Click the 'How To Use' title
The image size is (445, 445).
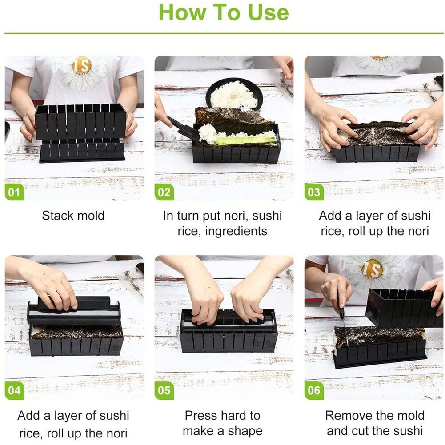tap(223, 12)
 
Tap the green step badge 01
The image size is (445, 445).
tap(14, 192)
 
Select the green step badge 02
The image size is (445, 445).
tap(164, 192)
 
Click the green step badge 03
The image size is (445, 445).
tap(314, 192)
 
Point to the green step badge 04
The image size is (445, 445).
tap(14, 390)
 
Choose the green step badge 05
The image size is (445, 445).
tap(164, 390)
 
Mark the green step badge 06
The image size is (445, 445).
tap(314, 390)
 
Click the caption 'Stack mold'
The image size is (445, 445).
tap(73, 216)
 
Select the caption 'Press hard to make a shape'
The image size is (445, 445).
tap(222, 423)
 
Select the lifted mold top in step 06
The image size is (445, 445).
tap(402, 307)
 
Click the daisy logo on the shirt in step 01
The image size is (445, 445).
tap(81, 71)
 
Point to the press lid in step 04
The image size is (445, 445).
tap(73, 309)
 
